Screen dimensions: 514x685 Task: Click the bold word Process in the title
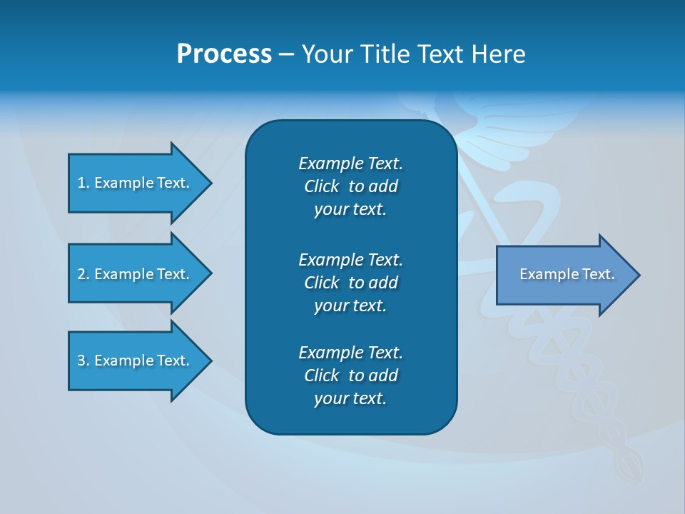point(224,54)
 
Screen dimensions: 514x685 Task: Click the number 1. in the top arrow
point(83,183)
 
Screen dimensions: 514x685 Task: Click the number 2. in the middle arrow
point(83,274)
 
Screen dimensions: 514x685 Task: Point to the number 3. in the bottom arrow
point(83,361)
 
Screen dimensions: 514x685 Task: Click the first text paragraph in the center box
point(350,186)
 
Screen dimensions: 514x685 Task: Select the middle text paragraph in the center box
point(350,283)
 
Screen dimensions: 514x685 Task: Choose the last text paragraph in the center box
point(350,376)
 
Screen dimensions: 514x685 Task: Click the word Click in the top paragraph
point(321,186)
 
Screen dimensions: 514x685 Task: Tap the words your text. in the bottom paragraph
point(350,398)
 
